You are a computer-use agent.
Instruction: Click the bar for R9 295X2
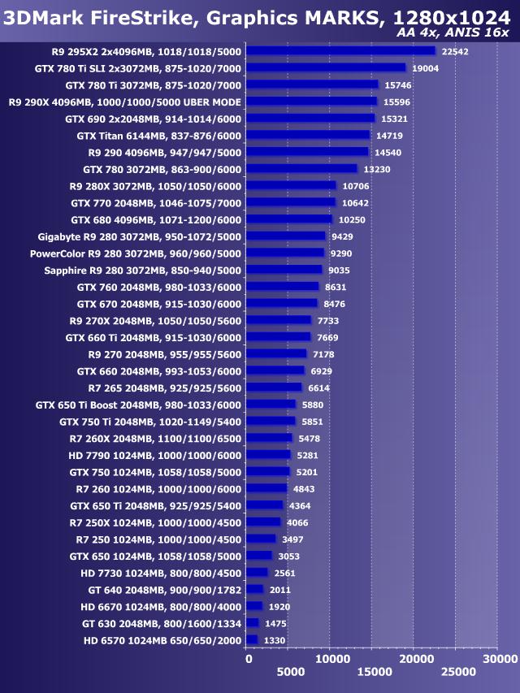tap(340, 50)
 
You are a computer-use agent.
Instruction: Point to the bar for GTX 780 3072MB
tap(301, 169)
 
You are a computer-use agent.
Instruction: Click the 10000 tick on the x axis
tap(330, 659)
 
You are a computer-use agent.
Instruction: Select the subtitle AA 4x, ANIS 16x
tap(453, 32)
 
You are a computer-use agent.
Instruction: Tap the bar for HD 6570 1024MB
tap(251, 640)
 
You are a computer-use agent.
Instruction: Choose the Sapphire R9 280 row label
tap(143, 270)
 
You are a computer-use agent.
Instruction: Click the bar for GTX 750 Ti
tap(271, 421)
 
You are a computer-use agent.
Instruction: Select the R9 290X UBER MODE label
tap(125, 102)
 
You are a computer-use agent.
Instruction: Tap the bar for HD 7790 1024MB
tap(268, 455)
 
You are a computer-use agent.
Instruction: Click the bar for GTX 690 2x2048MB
tap(310, 119)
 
